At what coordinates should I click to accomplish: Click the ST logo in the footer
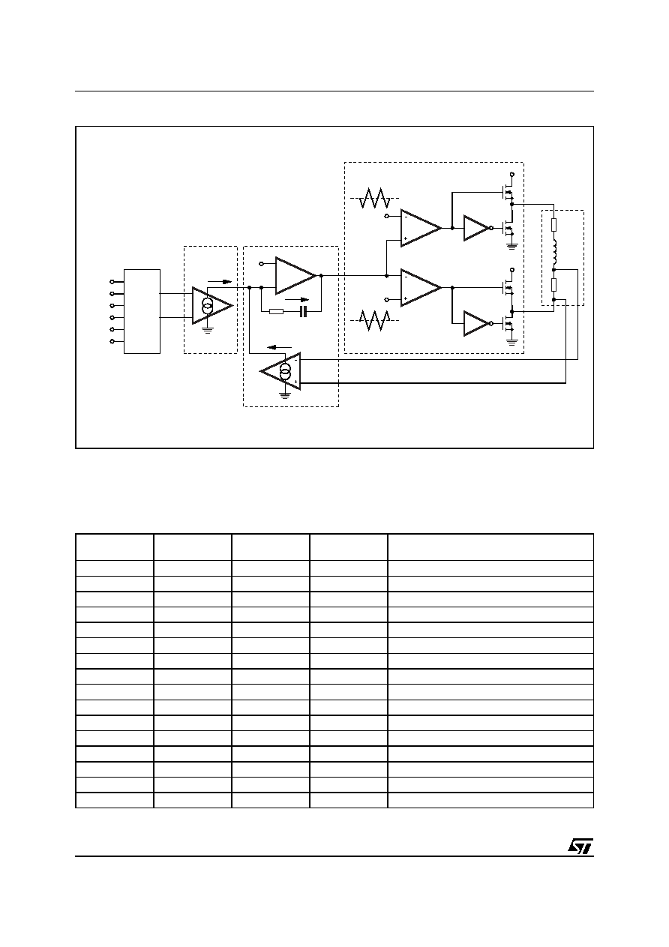[x=580, y=846]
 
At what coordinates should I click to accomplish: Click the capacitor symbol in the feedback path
[x=302, y=312]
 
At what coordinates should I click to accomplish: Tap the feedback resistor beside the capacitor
[x=276, y=312]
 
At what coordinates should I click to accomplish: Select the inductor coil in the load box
[x=554, y=251]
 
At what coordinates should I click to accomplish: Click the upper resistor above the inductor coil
[x=553, y=225]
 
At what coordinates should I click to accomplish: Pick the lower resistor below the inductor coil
[x=553, y=285]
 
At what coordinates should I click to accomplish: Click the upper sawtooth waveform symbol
[x=374, y=198]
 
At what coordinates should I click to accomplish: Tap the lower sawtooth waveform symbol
[x=374, y=320]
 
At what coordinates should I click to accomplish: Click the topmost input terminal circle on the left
[x=112, y=282]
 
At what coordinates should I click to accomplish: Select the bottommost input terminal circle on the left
[x=112, y=341]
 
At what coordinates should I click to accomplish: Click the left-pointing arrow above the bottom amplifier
[x=280, y=347]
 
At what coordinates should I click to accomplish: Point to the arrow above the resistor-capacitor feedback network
[x=297, y=300]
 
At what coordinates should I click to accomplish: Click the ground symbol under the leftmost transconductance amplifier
[x=207, y=330]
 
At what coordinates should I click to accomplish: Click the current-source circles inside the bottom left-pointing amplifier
[x=286, y=370]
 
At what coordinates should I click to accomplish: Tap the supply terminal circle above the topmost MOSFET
[x=512, y=174]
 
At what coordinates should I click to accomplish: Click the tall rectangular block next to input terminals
[x=142, y=311]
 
